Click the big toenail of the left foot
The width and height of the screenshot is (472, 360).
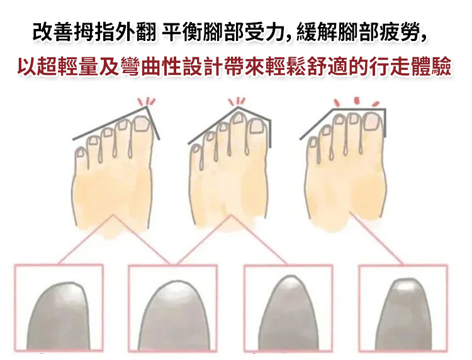coord(141,124)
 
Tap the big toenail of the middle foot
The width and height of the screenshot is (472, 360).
coord(257,126)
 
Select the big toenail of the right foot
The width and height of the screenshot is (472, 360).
coord(372,121)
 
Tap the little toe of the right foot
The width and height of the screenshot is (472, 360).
coord(312,146)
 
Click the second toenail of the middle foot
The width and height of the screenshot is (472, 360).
coord(238,118)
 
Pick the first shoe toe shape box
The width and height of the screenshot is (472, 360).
coord(59,308)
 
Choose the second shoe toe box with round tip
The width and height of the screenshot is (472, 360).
coord(172,308)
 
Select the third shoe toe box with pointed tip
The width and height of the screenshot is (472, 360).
coord(288,308)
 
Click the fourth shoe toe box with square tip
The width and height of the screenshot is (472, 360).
coord(403,308)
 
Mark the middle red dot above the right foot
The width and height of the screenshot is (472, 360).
coord(357,100)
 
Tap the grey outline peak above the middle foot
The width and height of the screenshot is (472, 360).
coord(239,107)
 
